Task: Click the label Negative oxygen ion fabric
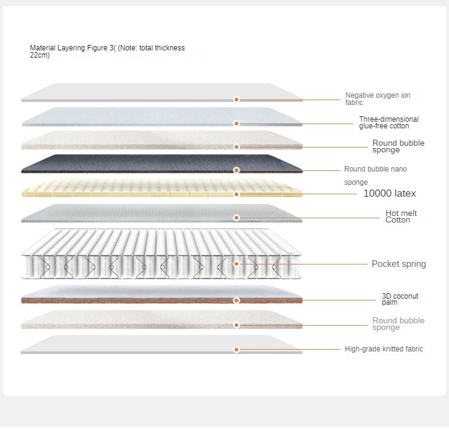[x=378, y=99]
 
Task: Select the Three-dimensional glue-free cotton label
[x=389, y=122]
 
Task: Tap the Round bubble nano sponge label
[x=375, y=175]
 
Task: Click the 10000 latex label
[x=390, y=193]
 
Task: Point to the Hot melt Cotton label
[x=401, y=217]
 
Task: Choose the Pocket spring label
[x=399, y=264]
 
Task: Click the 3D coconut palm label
[x=400, y=299]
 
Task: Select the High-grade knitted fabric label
[x=384, y=349]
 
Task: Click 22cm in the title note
[x=40, y=55]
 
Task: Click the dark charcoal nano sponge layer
[x=162, y=164]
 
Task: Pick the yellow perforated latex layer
[x=162, y=188]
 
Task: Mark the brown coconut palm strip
[x=162, y=300]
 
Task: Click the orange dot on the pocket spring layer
[x=236, y=264]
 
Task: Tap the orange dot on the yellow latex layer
[x=236, y=194]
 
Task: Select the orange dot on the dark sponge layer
[x=236, y=170]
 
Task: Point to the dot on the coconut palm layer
[x=236, y=300]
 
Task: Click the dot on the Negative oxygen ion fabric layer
[x=236, y=100]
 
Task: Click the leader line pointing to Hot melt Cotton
[x=310, y=218]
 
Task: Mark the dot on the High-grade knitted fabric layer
[x=236, y=350]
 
